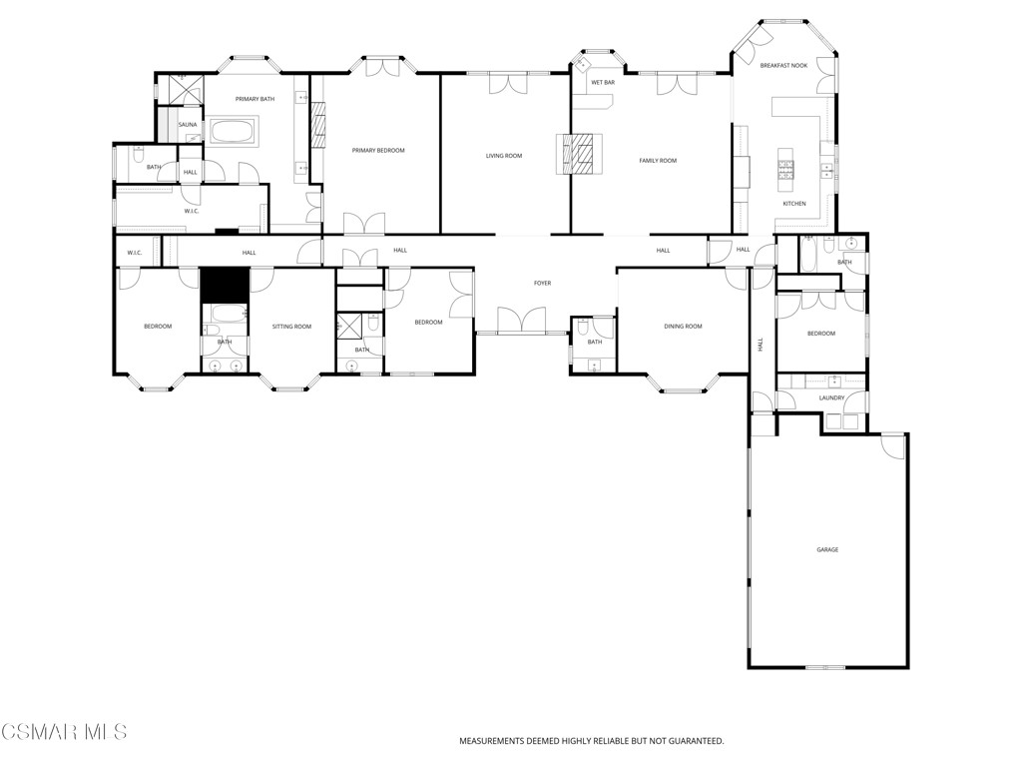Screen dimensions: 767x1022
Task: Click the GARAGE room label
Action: pyautogui.click(x=827, y=549)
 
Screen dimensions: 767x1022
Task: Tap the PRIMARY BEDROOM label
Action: pyautogui.click(x=378, y=150)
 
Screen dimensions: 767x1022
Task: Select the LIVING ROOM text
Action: pyautogui.click(x=504, y=156)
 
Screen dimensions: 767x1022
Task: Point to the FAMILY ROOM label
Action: pyautogui.click(x=658, y=161)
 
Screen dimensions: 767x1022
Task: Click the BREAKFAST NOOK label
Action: pyautogui.click(x=783, y=66)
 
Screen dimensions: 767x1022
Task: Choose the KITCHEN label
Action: pyautogui.click(x=794, y=204)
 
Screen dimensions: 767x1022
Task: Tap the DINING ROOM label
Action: pyautogui.click(x=684, y=327)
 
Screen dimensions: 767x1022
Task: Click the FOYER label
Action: pyautogui.click(x=542, y=284)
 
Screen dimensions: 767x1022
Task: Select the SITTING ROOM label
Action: pyautogui.click(x=292, y=327)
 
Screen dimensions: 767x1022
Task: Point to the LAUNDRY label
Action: pyautogui.click(x=832, y=398)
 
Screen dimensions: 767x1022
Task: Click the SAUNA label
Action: pyautogui.click(x=188, y=125)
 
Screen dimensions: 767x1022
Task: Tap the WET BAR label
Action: pyautogui.click(x=603, y=82)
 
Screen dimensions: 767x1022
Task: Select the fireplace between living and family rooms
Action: pyautogui.click(x=582, y=154)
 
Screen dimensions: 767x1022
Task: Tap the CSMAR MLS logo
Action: pyautogui.click(x=64, y=732)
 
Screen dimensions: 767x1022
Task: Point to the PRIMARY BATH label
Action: pyautogui.click(x=255, y=99)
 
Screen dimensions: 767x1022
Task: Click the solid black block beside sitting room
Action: pyautogui.click(x=224, y=285)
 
